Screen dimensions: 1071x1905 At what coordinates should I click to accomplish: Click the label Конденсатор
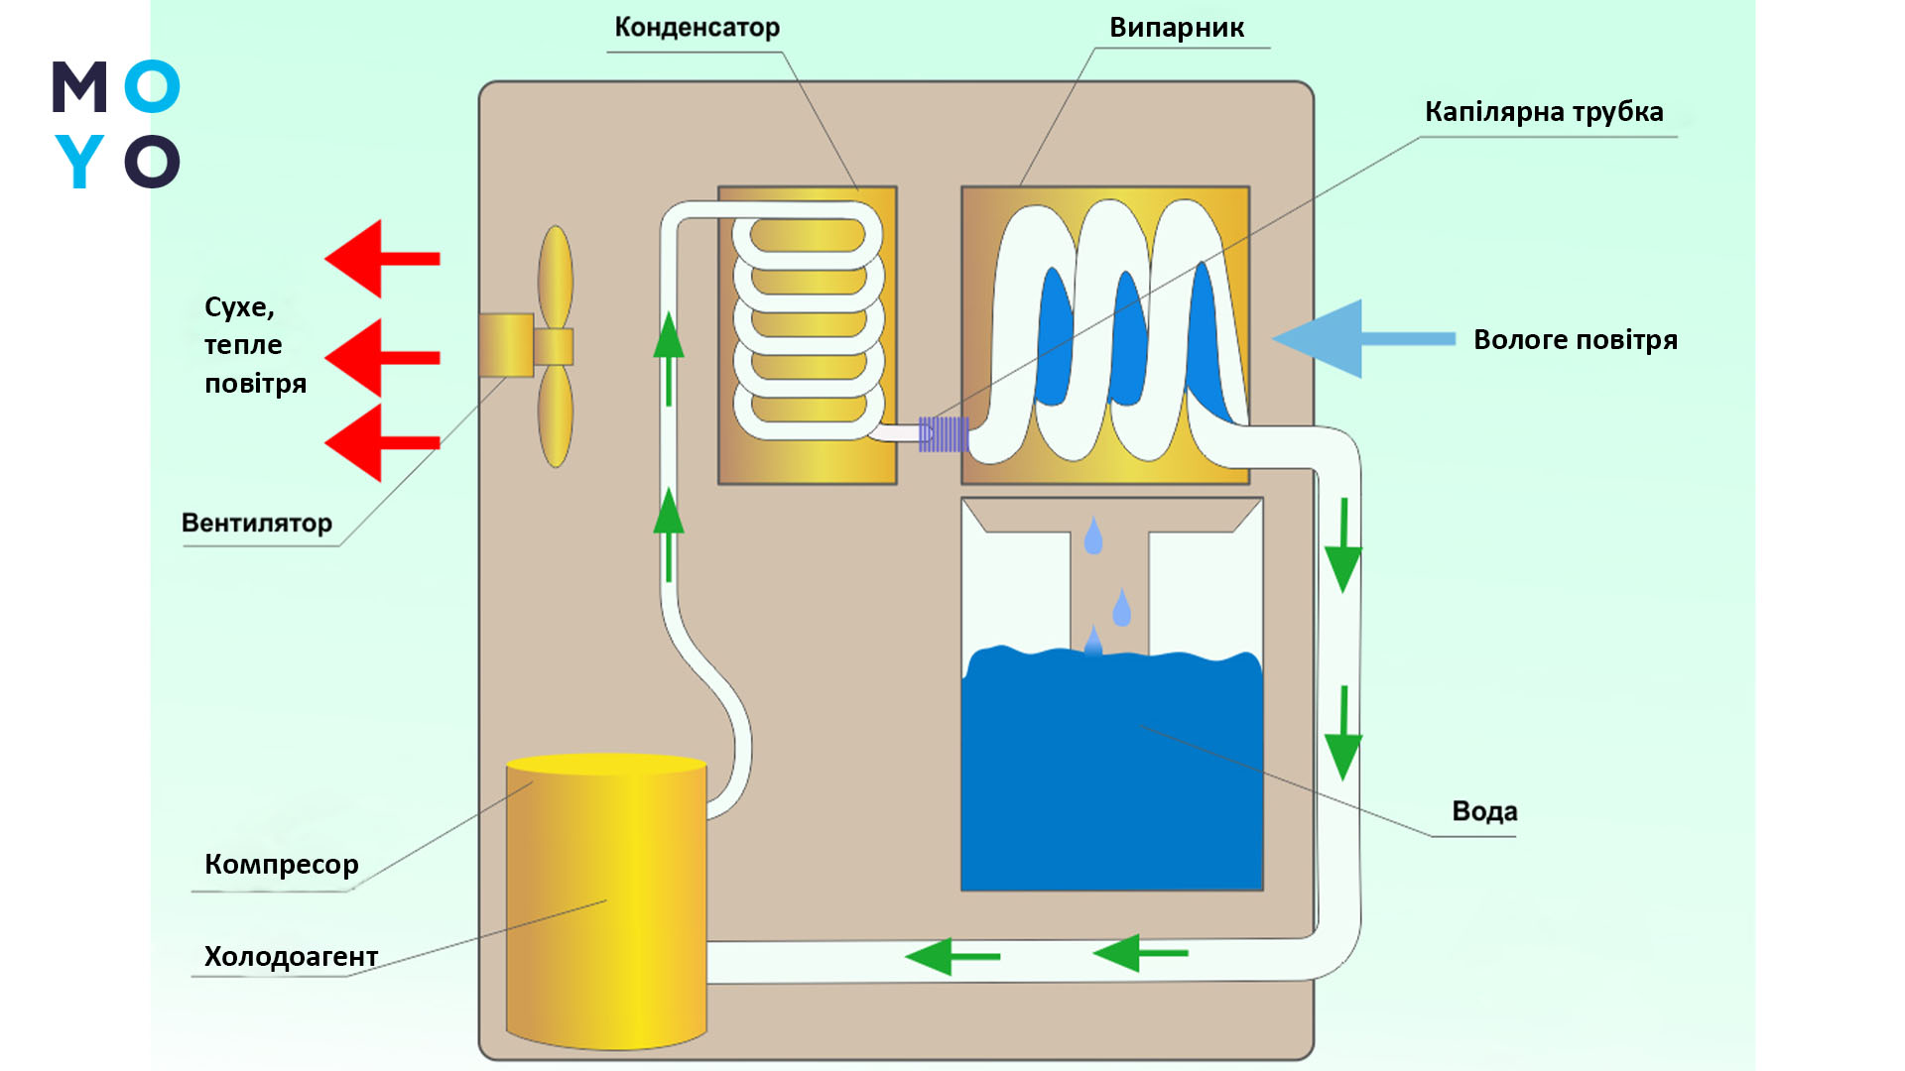click(x=697, y=28)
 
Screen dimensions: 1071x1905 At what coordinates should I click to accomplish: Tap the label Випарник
click(x=1176, y=28)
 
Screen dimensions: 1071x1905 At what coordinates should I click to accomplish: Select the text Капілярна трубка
click(x=1543, y=112)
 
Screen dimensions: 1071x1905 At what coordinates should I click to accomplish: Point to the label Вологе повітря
click(x=1575, y=340)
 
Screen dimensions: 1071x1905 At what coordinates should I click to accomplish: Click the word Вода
click(x=1484, y=811)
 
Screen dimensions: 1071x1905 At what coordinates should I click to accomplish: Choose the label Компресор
click(x=281, y=865)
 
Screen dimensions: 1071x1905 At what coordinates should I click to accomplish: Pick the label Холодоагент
click(x=291, y=957)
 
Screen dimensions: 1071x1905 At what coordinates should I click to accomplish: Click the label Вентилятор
click(x=256, y=524)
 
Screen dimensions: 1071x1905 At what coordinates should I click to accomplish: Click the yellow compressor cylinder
click(x=606, y=902)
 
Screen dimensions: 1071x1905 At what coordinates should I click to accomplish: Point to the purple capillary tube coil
click(x=943, y=434)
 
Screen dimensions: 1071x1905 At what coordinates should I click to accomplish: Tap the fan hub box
click(x=507, y=345)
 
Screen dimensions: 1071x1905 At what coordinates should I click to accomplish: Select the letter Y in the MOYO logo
click(x=79, y=162)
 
